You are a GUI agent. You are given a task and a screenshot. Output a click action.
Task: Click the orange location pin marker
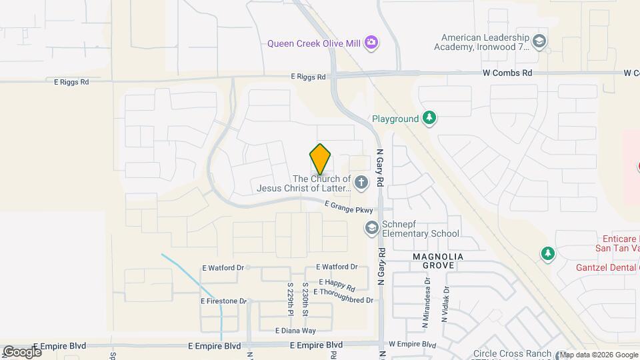(321, 159)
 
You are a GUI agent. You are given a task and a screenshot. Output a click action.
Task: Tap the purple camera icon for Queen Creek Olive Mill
(371, 43)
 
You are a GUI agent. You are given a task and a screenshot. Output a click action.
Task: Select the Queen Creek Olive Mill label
(314, 43)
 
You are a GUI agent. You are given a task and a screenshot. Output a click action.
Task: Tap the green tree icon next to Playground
(430, 119)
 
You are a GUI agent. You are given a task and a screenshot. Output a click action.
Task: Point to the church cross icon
(361, 182)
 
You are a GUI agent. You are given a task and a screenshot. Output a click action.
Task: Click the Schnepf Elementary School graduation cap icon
(371, 229)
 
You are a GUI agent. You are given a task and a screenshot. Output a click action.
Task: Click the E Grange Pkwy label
(349, 208)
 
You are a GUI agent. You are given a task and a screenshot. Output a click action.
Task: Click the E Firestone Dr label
(223, 301)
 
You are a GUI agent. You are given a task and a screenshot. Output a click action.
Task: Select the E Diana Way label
(295, 330)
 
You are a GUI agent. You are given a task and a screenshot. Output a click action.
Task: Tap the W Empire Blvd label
(412, 345)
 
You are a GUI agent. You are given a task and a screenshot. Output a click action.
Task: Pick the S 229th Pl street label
(291, 298)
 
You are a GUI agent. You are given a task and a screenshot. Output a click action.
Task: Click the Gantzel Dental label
(607, 267)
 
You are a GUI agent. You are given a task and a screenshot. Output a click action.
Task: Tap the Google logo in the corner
(21, 351)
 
